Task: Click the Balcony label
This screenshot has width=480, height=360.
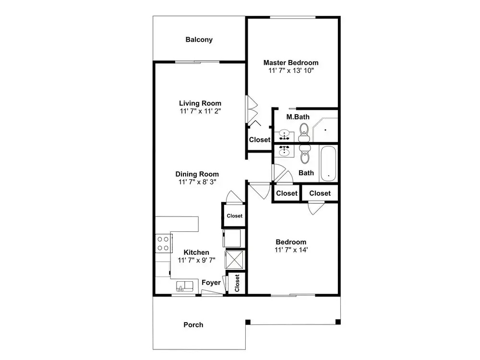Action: click(199, 39)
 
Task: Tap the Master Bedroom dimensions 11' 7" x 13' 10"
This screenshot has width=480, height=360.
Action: click(291, 71)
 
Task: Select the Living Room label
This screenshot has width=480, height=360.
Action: click(200, 103)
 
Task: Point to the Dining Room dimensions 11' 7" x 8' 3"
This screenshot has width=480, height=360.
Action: click(197, 182)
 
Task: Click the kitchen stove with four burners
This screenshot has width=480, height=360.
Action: click(164, 243)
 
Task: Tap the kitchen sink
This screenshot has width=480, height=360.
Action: click(185, 286)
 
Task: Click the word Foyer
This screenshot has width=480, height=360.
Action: click(211, 283)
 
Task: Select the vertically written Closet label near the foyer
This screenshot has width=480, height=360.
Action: click(237, 283)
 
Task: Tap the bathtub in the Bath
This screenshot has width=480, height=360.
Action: click(328, 164)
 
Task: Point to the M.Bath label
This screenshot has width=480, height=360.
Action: click(298, 117)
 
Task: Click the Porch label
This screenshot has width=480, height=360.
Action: click(193, 325)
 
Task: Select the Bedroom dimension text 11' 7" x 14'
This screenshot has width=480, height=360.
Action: click(291, 250)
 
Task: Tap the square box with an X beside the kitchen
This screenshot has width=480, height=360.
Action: click(234, 260)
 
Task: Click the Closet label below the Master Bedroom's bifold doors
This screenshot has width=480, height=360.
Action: click(260, 140)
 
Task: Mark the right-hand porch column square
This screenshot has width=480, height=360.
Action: click(338, 322)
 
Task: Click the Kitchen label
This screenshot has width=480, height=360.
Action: click(196, 252)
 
